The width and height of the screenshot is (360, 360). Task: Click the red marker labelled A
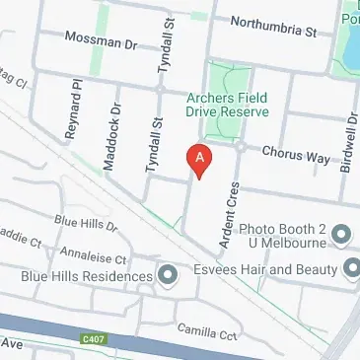coord(200,160)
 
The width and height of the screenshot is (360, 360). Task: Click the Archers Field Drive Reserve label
coord(229,105)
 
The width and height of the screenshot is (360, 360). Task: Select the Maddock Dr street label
coord(110,138)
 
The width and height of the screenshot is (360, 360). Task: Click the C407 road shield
coord(93,339)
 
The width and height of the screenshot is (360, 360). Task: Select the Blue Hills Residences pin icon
coord(168,275)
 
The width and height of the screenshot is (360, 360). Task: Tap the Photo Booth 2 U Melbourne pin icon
coord(341,234)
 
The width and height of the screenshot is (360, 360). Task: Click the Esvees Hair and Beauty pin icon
coord(353,267)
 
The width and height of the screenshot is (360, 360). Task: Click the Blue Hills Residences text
coord(87,277)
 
